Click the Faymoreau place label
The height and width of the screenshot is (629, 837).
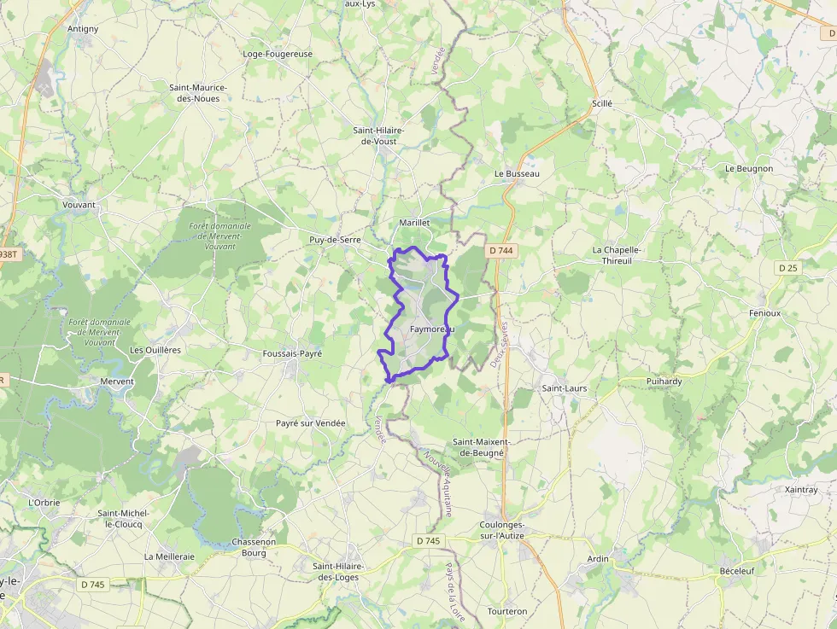pyautogui.click(x=431, y=329)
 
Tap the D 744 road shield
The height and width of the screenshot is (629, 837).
pyautogui.click(x=501, y=251)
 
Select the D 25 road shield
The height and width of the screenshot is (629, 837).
pyautogui.click(x=787, y=268)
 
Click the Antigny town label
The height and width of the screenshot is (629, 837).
pyautogui.click(x=83, y=29)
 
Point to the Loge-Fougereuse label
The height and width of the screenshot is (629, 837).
pyautogui.click(x=278, y=54)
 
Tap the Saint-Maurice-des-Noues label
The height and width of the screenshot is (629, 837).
pyautogui.click(x=197, y=93)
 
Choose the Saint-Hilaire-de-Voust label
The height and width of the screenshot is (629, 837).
pyautogui.click(x=379, y=136)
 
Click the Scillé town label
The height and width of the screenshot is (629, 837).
pyautogui.click(x=602, y=103)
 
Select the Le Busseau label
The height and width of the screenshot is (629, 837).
pyautogui.click(x=517, y=173)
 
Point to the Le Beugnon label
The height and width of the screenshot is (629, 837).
pyautogui.click(x=748, y=169)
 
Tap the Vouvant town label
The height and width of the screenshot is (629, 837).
pyautogui.click(x=79, y=205)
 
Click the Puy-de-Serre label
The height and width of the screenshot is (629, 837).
pyautogui.click(x=335, y=241)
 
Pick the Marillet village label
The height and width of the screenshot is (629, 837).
pyautogui.click(x=414, y=223)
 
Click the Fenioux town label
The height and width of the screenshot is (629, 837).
pyautogui.click(x=764, y=313)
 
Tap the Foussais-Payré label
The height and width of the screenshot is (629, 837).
pyautogui.click(x=292, y=353)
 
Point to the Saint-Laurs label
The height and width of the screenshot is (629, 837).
pyautogui.click(x=565, y=388)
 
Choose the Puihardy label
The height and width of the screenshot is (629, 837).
pyautogui.click(x=664, y=381)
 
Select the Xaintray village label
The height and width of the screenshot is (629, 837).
pyautogui.click(x=800, y=490)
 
